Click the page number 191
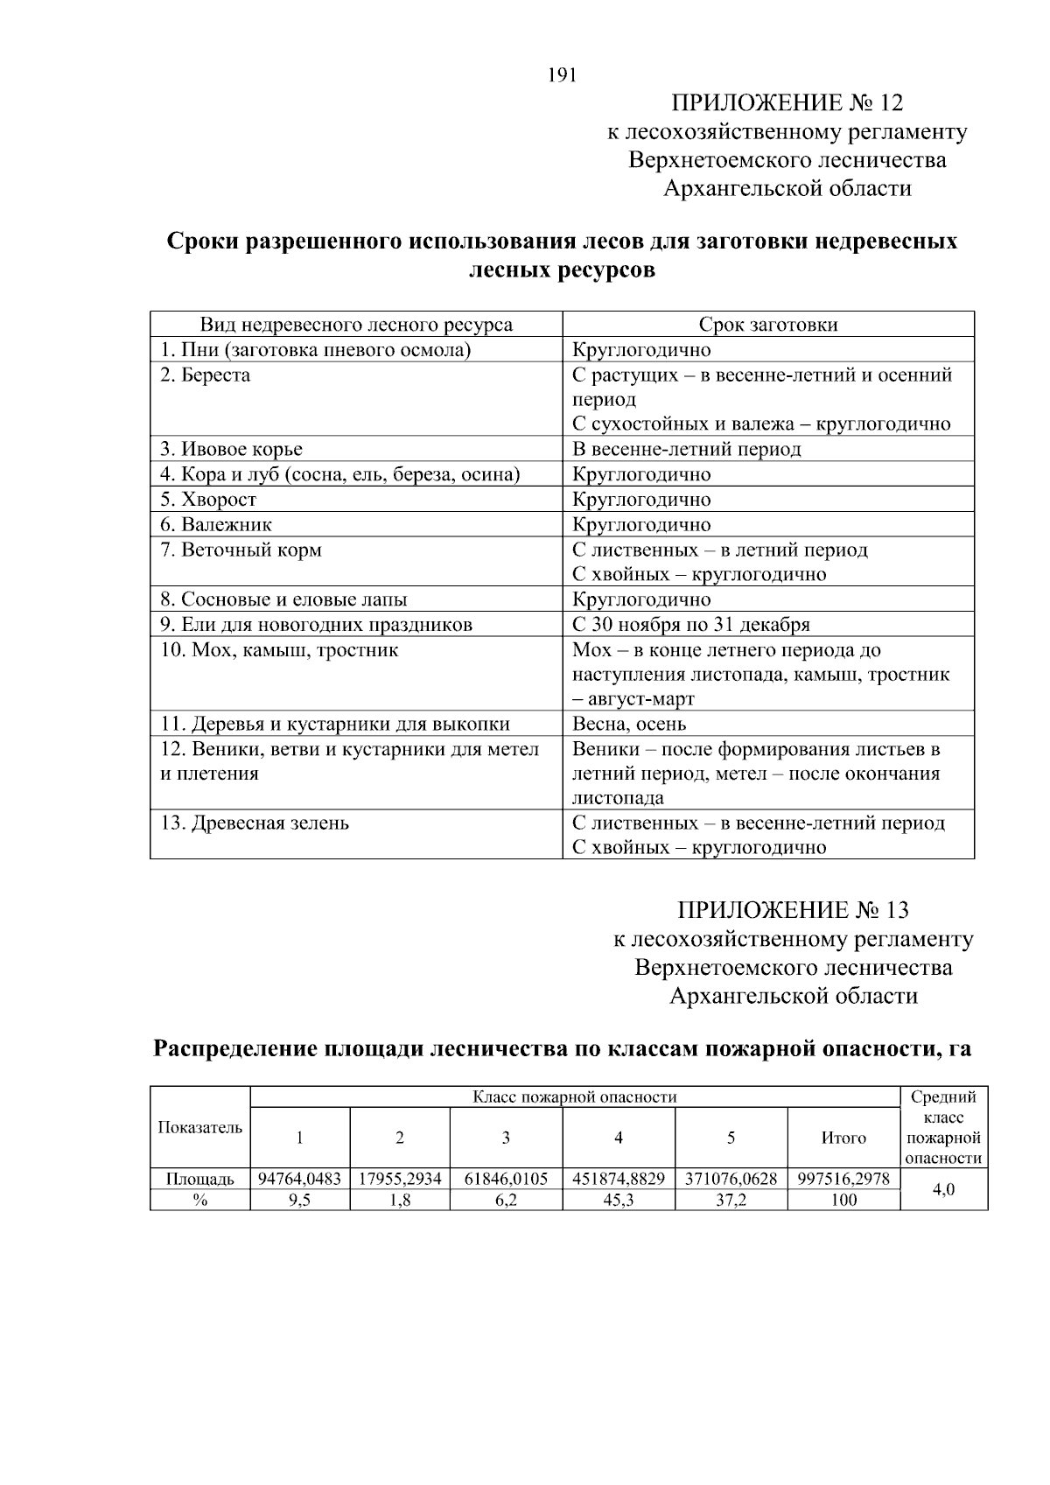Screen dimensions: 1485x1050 pos(563,75)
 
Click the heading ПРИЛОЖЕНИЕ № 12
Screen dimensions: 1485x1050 pos(787,103)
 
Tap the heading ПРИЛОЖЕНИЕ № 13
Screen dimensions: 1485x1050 pos(793,910)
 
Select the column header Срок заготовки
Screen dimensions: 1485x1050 pos(767,325)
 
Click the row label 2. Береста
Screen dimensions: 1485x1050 pos(205,375)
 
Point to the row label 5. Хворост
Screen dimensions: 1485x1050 pos(208,500)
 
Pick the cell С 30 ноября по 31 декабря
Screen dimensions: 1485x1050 pos(690,625)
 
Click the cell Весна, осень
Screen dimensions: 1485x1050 pos(629,725)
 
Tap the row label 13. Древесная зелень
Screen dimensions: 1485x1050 pos(255,823)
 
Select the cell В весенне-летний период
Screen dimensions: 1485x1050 pos(686,450)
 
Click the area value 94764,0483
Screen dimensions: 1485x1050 pos(299,1179)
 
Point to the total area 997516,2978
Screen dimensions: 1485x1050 pos(843,1179)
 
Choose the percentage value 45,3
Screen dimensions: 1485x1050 pos(618,1201)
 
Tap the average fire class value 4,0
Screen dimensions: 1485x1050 pos(942,1189)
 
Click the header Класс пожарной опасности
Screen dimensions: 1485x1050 pos(574,1097)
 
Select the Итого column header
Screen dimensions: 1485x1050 pos(843,1138)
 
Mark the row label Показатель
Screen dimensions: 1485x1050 pos(199,1127)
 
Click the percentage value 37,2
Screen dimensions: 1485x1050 pos(731,1201)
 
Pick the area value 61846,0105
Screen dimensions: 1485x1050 pos(506,1179)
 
